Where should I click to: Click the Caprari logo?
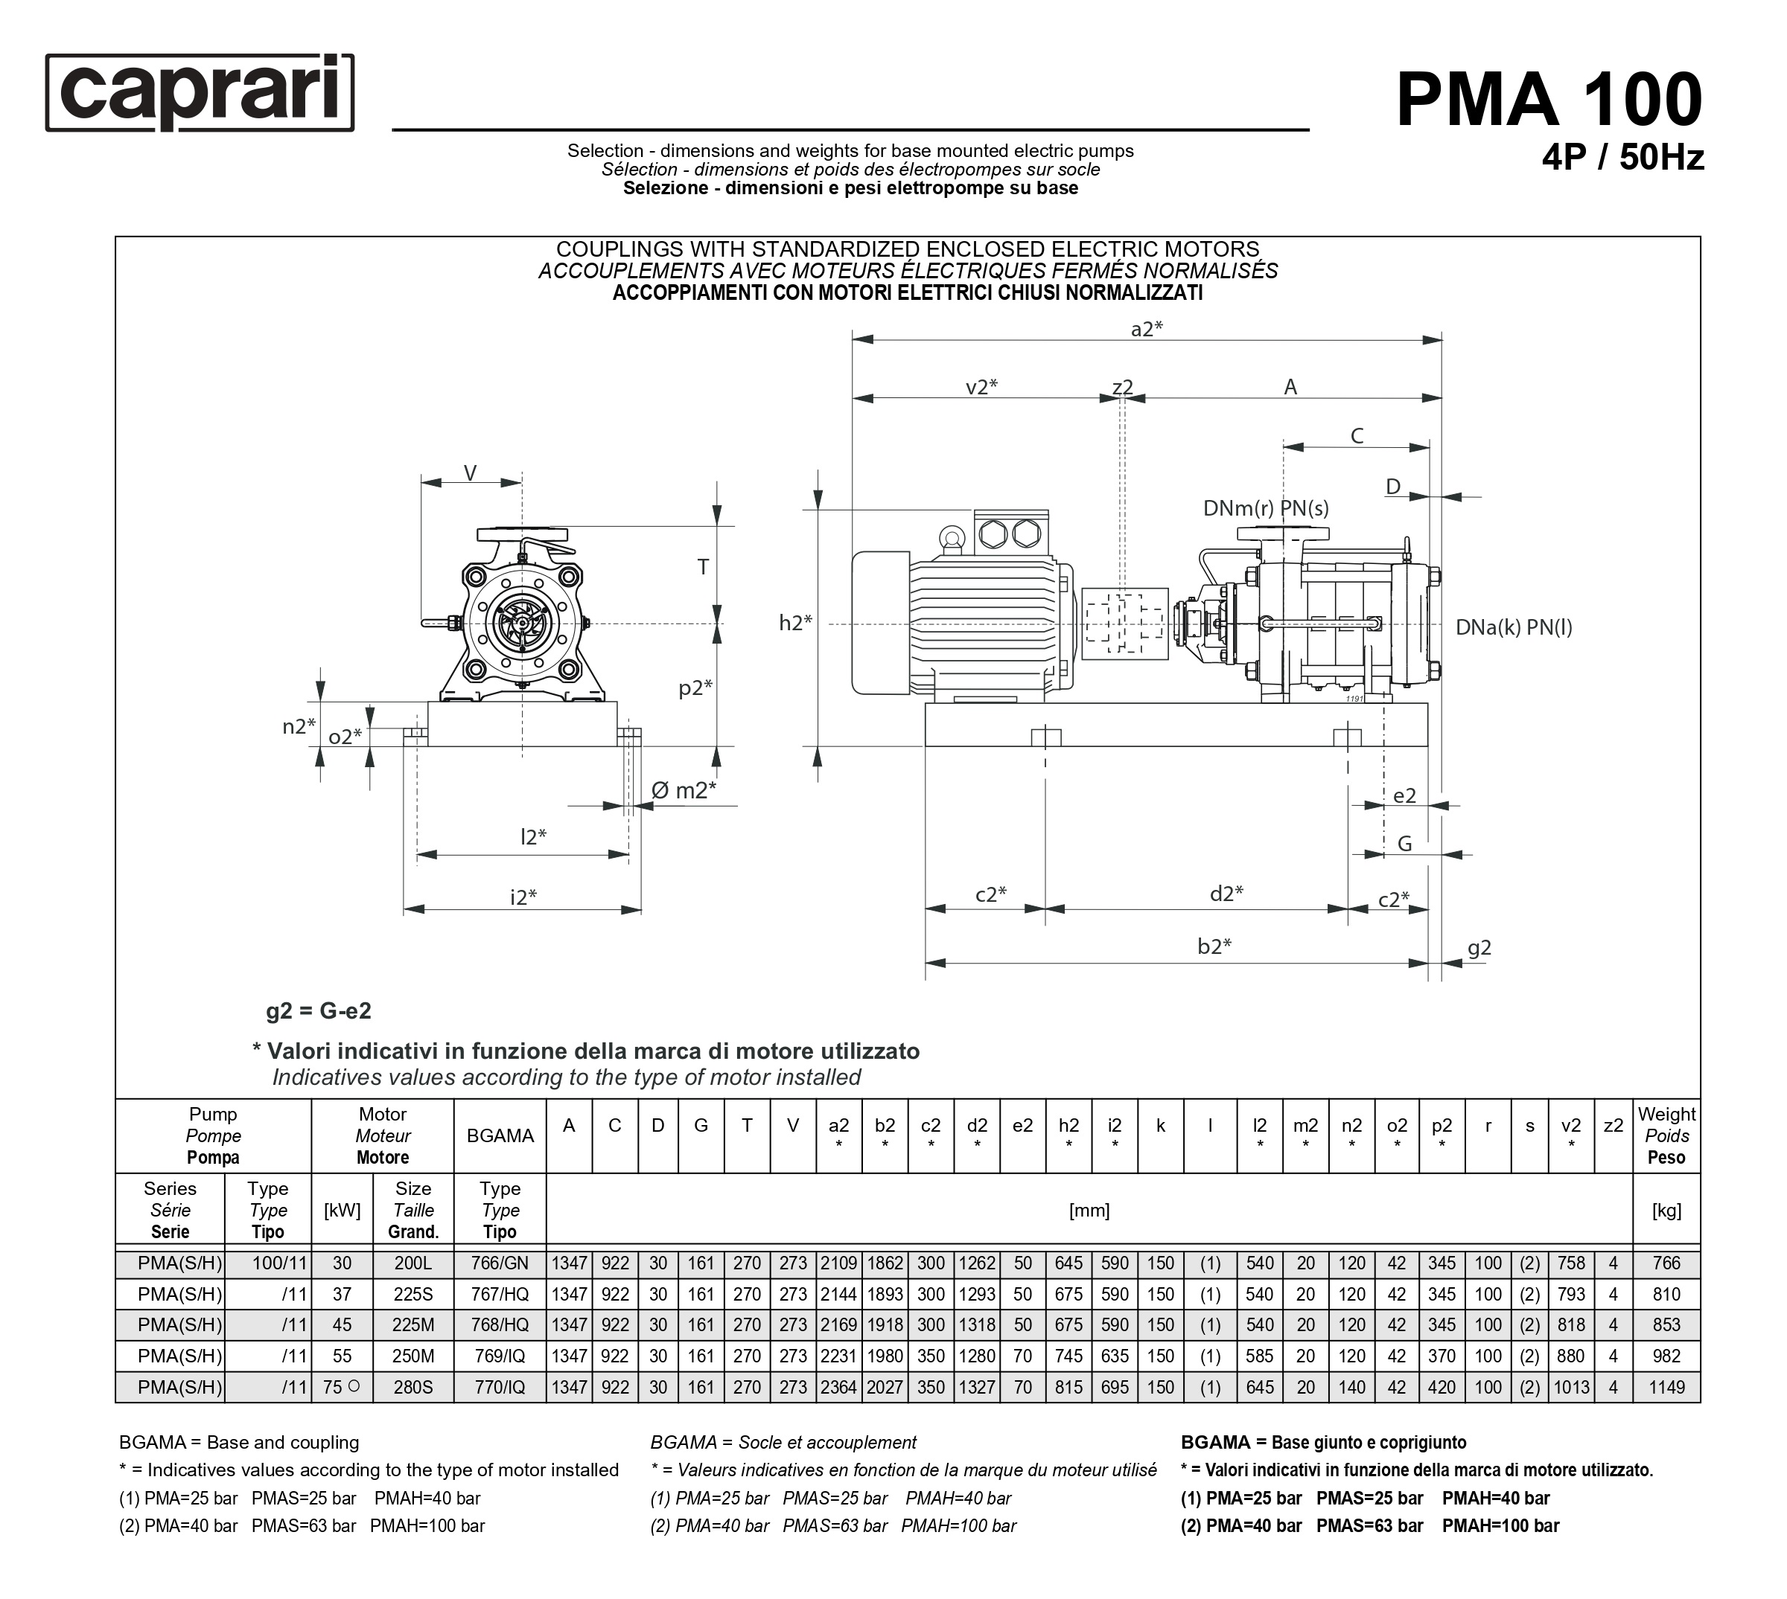200,93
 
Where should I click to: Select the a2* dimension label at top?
1146,330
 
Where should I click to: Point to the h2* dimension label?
795,623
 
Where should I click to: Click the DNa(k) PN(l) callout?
1514,627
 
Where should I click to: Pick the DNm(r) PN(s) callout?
1266,507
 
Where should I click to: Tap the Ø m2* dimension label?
683,791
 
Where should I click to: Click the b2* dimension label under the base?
1214,946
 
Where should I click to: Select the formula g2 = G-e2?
318,1010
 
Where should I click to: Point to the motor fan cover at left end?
880,623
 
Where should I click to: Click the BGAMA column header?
500,1135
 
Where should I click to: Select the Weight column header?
1666,1135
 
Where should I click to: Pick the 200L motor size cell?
412,1263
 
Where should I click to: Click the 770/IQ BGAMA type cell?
500,1387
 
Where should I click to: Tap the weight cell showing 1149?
1666,1387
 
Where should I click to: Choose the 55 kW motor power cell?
342,1356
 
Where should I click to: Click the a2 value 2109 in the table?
838,1263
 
